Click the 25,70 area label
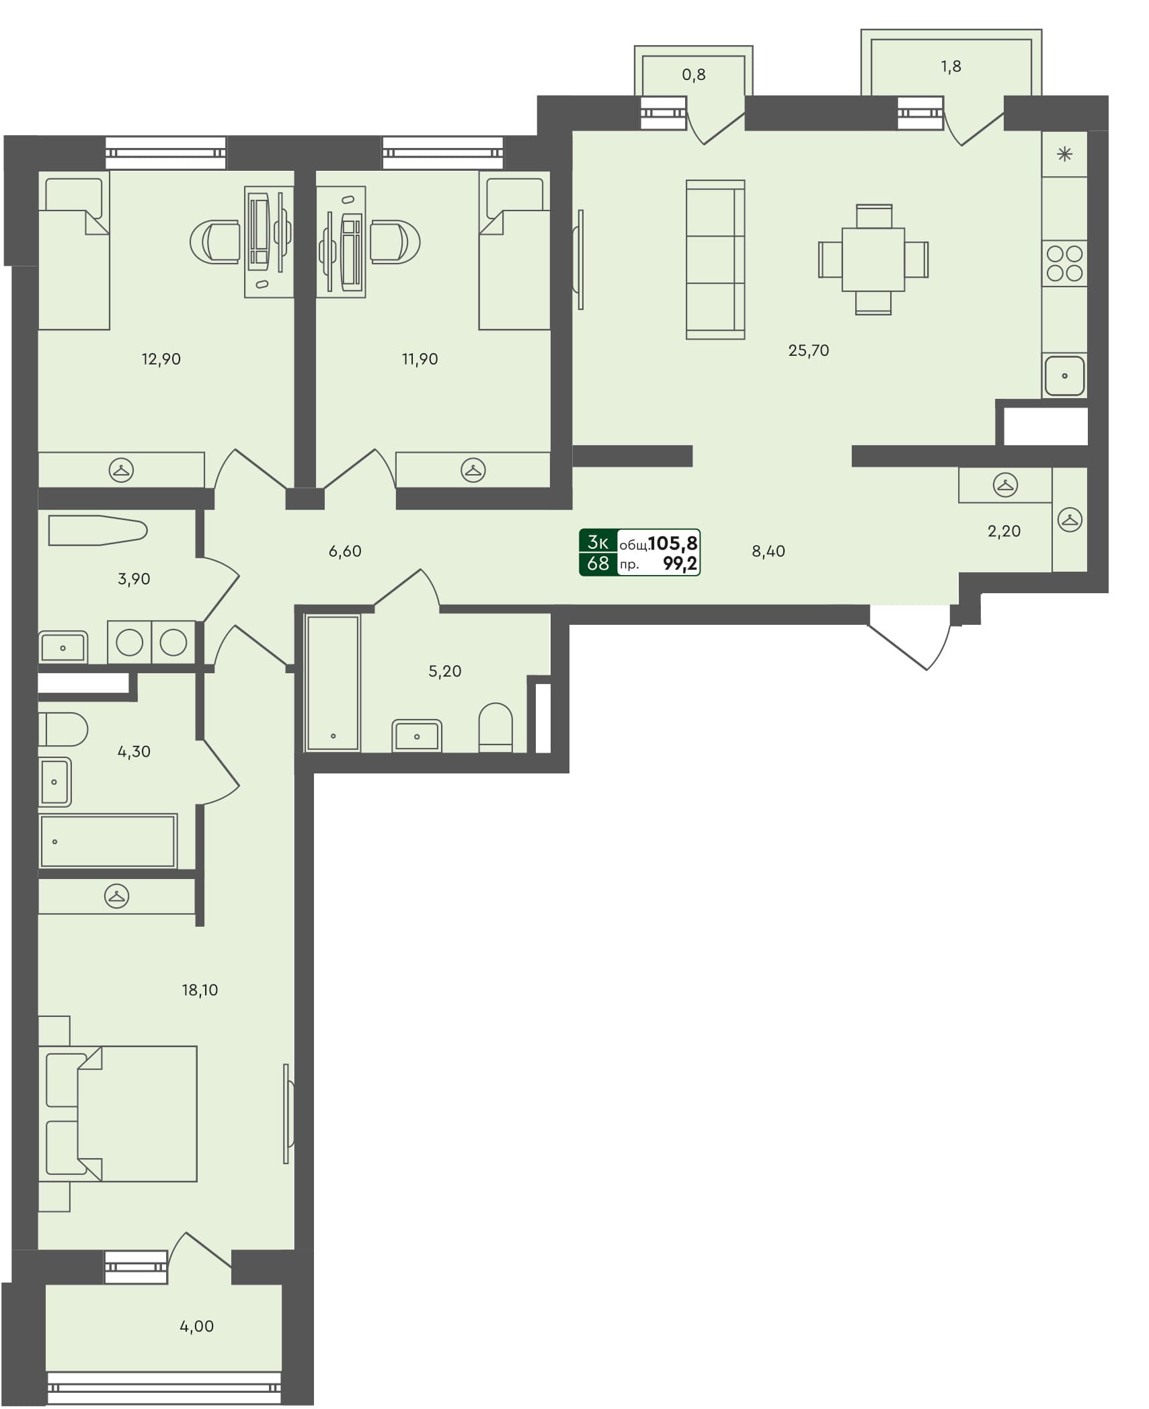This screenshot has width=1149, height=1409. click(808, 350)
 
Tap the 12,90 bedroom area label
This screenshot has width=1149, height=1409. click(161, 359)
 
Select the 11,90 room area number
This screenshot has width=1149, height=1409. click(420, 359)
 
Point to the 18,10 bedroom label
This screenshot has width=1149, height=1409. click(200, 989)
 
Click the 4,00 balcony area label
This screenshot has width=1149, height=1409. click(196, 1326)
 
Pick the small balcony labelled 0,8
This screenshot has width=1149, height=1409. click(693, 75)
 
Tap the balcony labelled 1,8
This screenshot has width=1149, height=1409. click(951, 66)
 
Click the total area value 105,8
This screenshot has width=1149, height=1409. click(672, 543)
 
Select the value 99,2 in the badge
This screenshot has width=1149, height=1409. click(680, 564)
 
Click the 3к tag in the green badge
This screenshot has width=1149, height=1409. click(598, 542)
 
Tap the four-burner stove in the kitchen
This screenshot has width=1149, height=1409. click(1064, 263)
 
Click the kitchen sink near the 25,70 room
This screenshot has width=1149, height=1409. click(1064, 375)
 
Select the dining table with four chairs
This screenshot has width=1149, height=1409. click(873, 260)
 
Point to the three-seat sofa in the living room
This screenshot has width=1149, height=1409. click(715, 260)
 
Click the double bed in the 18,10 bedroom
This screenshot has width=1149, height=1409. click(128, 1113)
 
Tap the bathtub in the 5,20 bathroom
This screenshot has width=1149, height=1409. click(333, 682)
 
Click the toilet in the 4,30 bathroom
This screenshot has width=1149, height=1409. click(63, 730)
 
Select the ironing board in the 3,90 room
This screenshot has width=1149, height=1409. click(97, 531)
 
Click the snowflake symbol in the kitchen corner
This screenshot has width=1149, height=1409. click(1064, 155)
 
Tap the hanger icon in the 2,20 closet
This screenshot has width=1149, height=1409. click(1004, 484)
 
